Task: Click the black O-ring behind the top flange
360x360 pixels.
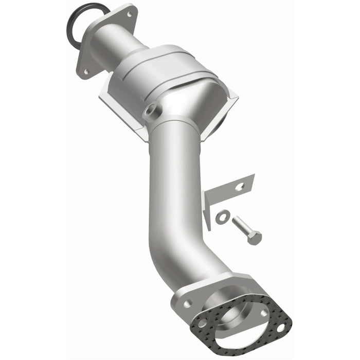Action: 72,26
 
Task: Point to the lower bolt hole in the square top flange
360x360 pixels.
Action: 86,71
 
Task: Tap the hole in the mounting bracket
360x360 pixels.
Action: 239,187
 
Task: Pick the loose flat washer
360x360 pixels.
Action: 222,217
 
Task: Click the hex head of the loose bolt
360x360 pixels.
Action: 254,237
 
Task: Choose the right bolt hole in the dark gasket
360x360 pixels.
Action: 280,325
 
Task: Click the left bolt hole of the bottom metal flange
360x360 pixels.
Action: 187,303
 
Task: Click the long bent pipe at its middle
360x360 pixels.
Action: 172,201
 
